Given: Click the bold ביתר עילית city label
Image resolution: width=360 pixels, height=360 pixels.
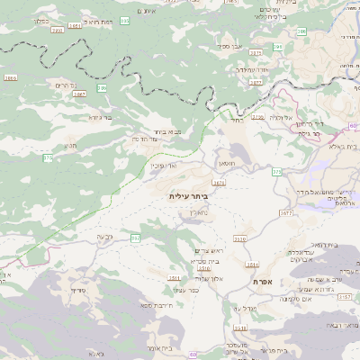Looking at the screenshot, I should tap(188, 194).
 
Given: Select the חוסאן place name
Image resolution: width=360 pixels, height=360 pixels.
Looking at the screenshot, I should tap(229, 163).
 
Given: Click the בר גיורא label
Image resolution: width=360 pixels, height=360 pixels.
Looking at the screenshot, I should tap(100, 117).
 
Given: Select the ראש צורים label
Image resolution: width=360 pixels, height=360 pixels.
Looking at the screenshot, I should tap(208, 250).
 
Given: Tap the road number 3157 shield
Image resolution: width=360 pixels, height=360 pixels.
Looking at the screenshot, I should tap(344, 322).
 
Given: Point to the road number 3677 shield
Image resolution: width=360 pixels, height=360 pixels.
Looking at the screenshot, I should tap(287, 212).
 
